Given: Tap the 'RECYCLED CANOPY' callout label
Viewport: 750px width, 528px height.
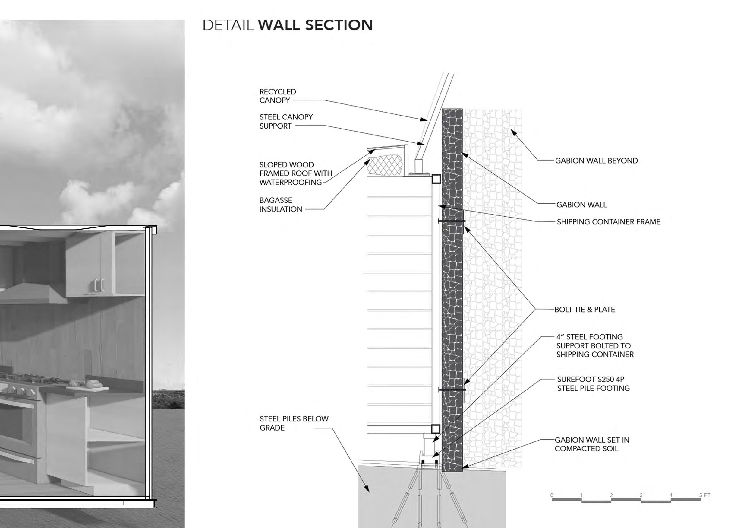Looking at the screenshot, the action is coord(278,96).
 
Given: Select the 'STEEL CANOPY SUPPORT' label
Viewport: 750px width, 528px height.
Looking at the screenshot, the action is coord(286,121).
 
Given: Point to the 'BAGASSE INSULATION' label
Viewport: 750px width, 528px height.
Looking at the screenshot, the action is coord(281,205).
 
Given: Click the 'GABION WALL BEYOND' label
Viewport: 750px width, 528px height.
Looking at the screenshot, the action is coord(596,161).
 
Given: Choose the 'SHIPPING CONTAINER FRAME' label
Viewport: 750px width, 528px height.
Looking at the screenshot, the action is coord(608,222).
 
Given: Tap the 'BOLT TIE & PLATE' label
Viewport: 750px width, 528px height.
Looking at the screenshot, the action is coord(585,310).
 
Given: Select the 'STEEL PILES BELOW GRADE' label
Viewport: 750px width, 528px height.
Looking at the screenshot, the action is coord(294,423).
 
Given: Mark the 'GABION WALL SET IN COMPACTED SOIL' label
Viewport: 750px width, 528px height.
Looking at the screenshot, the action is coord(591,444).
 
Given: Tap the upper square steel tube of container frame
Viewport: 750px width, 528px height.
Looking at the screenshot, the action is coord(436,179).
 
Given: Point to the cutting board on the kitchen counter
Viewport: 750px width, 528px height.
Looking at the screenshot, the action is coord(87,388).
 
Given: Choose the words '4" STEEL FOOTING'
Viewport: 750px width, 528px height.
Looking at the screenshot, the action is coord(589,337).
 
